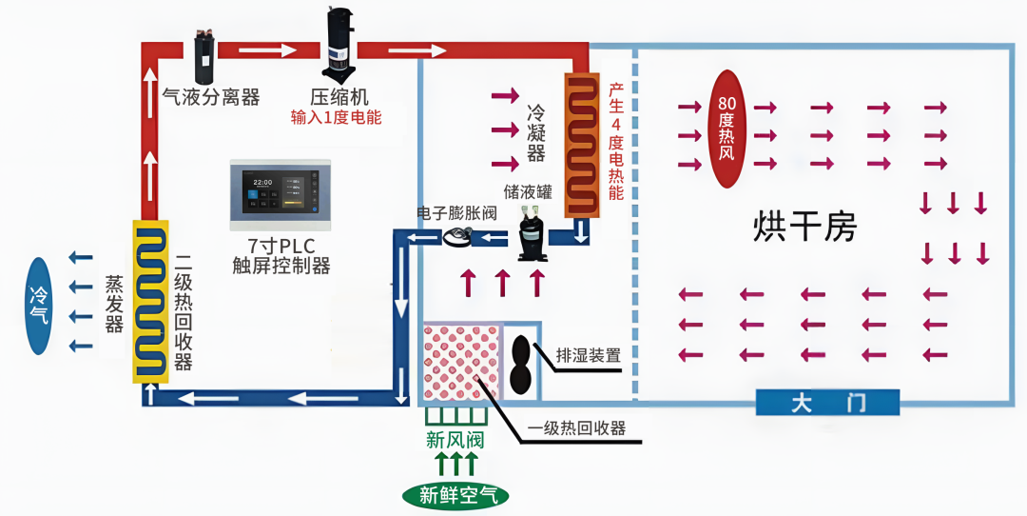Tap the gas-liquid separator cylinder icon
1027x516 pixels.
(203, 54)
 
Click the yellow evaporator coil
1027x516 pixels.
(150, 300)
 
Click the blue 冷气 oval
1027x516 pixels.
(39, 306)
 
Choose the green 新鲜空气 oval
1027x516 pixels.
(455, 494)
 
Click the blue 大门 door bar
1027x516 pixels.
(827, 403)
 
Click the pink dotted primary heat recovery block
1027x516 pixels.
(461, 363)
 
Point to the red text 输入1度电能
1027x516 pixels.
(336, 118)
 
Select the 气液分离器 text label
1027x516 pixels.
(211, 96)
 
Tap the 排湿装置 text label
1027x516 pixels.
(589, 356)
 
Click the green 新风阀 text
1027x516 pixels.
(455, 440)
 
